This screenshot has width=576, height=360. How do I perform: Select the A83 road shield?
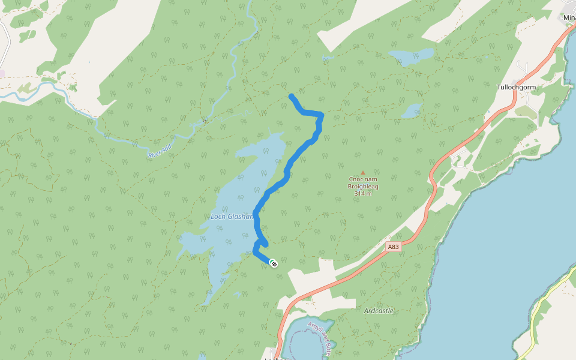pyautogui.click(x=393, y=247)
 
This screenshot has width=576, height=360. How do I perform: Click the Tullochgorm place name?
pyautogui.click(x=516, y=87)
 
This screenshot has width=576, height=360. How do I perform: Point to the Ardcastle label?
pyautogui.click(x=379, y=311)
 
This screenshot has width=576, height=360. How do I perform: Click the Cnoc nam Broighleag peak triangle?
pyautogui.click(x=362, y=173)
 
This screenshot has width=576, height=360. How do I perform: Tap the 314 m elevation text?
pyautogui.click(x=363, y=193)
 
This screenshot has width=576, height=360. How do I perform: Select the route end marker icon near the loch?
pyautogui.click(x=273, y=263)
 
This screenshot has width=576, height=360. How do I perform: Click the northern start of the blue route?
pyautogui.click(x=291, y=96)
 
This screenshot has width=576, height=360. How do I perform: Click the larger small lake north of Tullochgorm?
pyautogui.click(x=412, y=57)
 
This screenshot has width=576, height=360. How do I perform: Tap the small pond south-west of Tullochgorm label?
pyautogui.click(x=412, y=111)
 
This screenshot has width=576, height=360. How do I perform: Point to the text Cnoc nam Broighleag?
pyautogui.click(x=363, y=182)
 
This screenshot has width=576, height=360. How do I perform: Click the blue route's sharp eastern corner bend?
pyautogui.click(x=322, y=115)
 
